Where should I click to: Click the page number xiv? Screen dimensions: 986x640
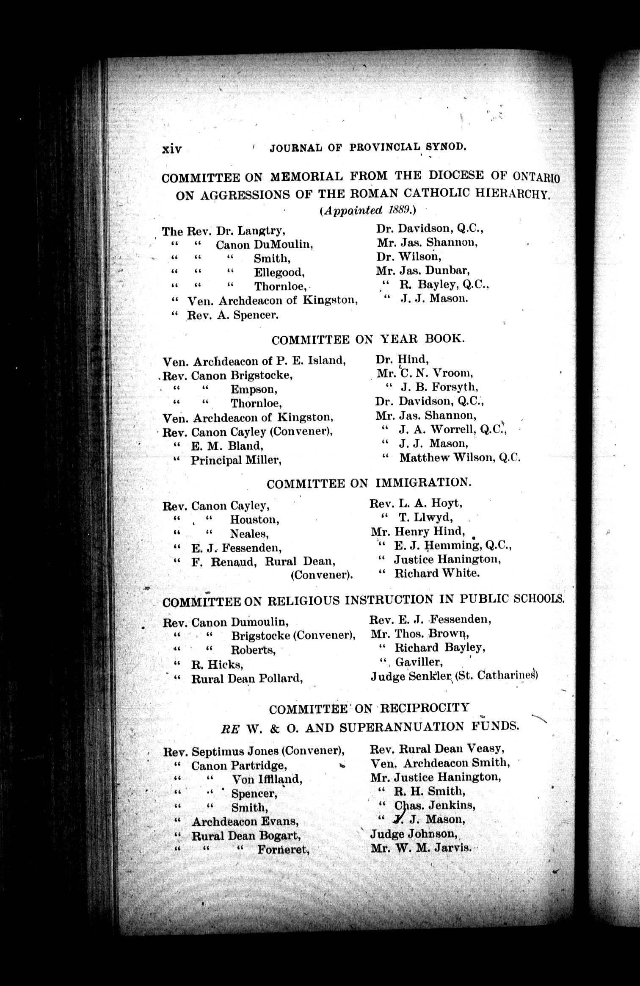172,149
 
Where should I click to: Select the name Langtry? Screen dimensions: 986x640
261,231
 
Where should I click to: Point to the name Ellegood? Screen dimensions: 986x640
279,272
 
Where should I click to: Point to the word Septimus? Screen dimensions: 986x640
212,751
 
